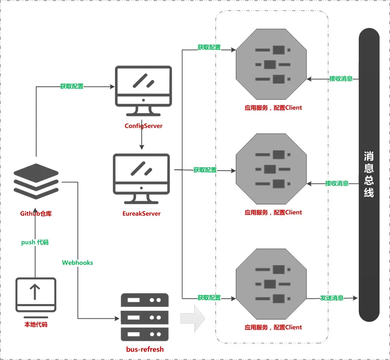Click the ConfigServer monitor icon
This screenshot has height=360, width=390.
click(143, 91)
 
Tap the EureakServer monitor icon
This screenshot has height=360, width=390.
click(141, 179)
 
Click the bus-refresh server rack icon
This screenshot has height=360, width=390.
click(144, 317)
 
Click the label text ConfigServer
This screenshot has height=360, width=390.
click(143, 126)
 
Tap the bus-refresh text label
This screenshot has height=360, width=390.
click(145, 349)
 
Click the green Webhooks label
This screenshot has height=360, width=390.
click(77, 263)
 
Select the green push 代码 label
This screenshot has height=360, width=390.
click(35, 242)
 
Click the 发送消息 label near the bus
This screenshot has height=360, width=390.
click(332, 298)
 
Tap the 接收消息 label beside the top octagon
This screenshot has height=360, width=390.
click(341, 78)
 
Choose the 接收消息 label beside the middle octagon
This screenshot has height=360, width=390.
click(337, 183)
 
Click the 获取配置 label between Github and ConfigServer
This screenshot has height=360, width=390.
click(72, 86)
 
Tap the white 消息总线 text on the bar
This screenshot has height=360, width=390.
click(369, 174)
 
